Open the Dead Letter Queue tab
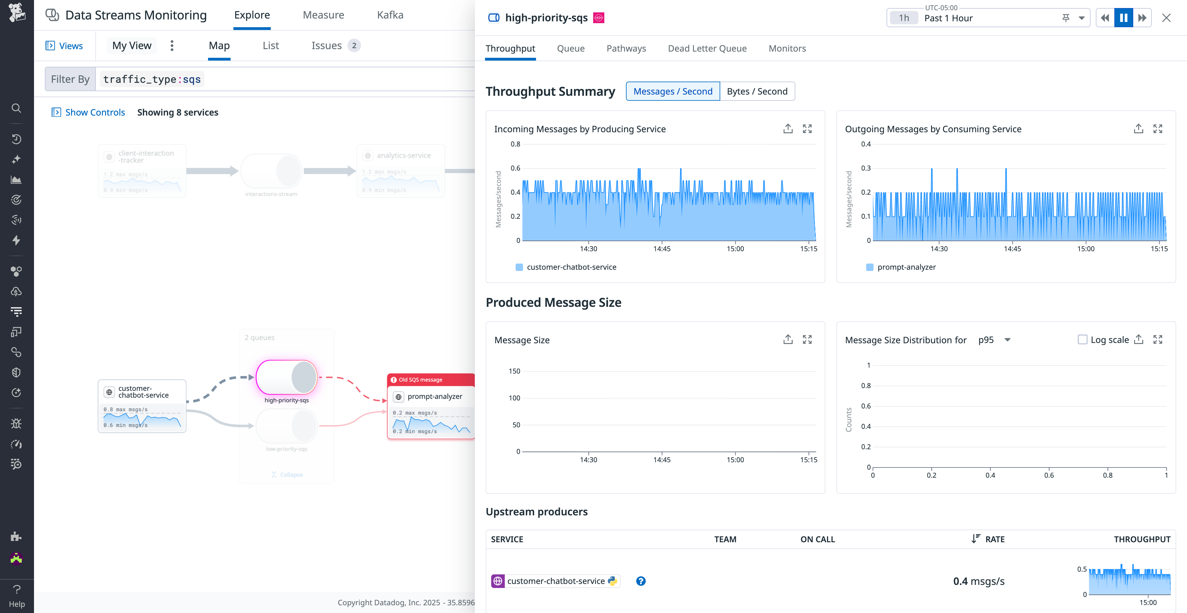pyautogui.click(x=707, y=49)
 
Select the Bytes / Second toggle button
pyautogui.click(x=757, y=91)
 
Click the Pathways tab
pyautogui.click(x=626, y=49)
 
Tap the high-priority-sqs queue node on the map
pyautogui.click(x=286, y=377)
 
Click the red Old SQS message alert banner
pyautogui.click(x=430, y=379)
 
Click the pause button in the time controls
pyautogui.click(x=1123, y=18)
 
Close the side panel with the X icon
pyautogui.click(x=1166, y=18)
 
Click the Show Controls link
pyautogui.click(x=95, y=112)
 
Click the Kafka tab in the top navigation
pyautogui.click(x=390, y=15)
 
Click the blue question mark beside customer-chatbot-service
pyautogui.click(x=640, y=581)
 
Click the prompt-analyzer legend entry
pyautogui.click(x=906, y=267)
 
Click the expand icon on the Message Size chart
pyautogui.click(x=807, y=340)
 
